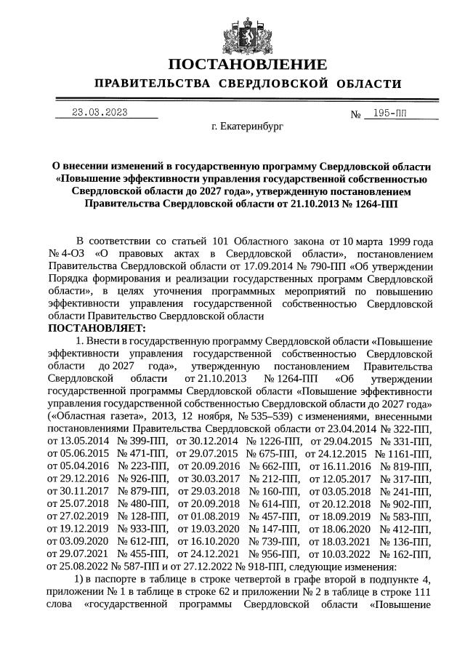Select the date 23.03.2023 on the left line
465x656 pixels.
(100, 112)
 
